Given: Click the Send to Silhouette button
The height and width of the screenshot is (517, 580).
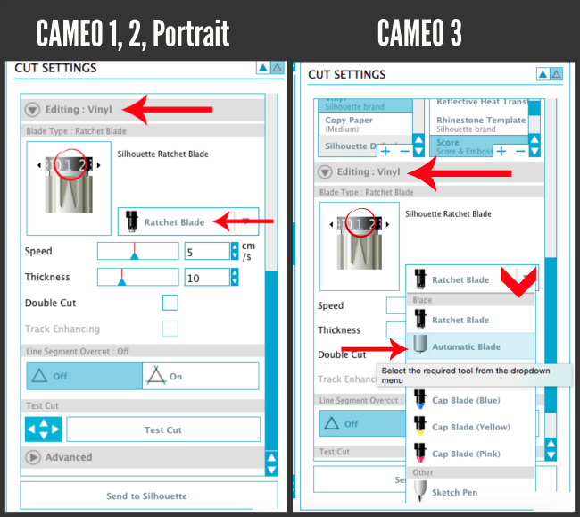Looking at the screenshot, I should pyautogui.click(x=147, y=496).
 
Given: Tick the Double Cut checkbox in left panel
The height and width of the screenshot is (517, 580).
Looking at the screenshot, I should pyautogui.click(x=170, y=303).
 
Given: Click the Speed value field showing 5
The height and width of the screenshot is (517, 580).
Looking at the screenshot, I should pyautogui.click(x=205, y=252).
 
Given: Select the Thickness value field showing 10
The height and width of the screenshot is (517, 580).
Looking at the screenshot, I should pyautogui.click(x=205, y=278).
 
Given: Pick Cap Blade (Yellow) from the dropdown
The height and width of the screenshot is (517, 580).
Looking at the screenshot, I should pyautogui.click(x=470, y=427).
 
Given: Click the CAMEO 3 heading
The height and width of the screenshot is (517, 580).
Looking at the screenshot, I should pyautogui.click(x=419, y=33).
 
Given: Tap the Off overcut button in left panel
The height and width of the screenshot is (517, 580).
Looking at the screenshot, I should pyautogui.click(x=84, y=376).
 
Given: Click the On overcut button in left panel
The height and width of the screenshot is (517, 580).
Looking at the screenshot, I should pyautogui.click(x=200, y=376).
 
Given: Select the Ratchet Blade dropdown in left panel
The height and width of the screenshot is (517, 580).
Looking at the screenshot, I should pyautogui.click(x=187, y=221).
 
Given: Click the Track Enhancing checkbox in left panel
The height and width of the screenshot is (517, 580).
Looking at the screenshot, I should pyautogui.click(x=170, y=329).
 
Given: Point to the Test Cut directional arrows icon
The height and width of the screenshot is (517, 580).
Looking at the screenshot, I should pyautogui.click(x=43, y=429).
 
